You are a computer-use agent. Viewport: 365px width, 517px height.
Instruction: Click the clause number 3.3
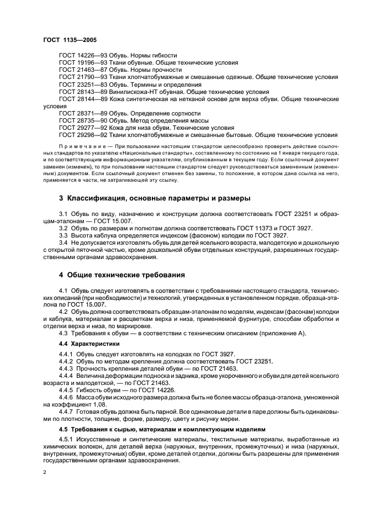point(64,235)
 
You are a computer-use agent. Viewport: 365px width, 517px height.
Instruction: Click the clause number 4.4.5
point(66,389)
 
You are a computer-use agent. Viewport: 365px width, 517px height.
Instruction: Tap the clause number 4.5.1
point(66,440)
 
